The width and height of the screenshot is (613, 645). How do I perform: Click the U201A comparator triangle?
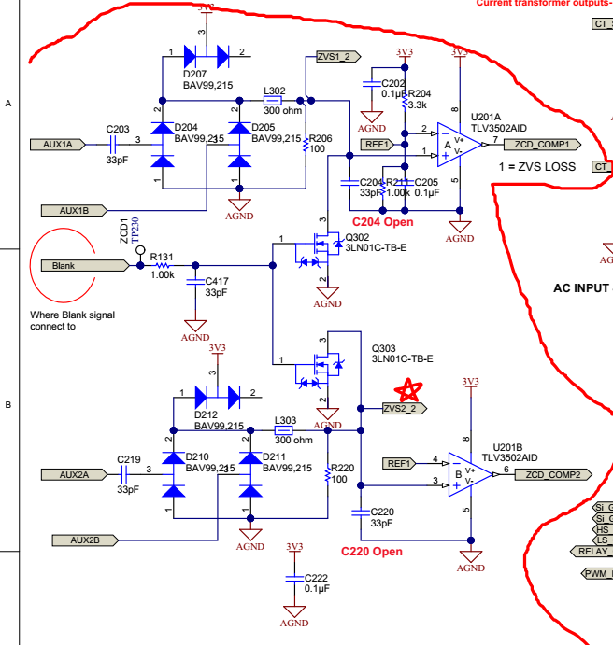(x=459, y=145)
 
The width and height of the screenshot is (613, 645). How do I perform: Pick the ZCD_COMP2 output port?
(x=552, y=474)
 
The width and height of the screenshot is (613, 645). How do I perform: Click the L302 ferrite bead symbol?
(x=273, y=100)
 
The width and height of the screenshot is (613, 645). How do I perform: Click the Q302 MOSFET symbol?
(x=323, y=247)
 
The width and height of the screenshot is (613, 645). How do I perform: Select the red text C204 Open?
(x=382, y=221)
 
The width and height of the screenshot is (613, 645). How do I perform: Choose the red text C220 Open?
(x=372, y=552)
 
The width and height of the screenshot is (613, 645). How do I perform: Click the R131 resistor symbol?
(x=164, y=266)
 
